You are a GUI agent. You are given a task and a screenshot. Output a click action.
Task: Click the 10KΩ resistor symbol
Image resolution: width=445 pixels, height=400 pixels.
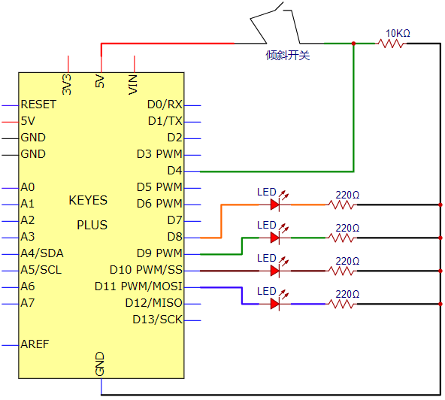(391, 44)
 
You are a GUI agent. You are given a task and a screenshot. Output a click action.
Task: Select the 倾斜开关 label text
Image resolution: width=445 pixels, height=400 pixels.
(287, 56)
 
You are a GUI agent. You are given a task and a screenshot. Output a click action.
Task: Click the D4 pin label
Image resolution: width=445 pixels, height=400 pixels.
(174, 171)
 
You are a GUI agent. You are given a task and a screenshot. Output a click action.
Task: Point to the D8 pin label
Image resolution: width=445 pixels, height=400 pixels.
(174, 237)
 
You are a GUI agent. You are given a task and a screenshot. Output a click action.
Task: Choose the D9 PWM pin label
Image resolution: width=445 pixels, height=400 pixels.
(159, 253)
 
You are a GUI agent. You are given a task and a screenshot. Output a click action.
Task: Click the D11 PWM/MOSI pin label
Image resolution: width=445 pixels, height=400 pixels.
(138, 286)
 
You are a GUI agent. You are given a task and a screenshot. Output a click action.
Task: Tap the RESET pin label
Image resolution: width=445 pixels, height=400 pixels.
(38, 105)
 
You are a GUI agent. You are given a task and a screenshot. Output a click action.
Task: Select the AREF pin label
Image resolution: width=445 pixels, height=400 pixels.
(35, 344)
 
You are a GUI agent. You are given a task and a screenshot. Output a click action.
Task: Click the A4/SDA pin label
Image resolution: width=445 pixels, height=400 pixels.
(42, 253)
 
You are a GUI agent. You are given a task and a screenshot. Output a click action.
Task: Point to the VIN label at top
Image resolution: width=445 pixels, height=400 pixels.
(133, 85)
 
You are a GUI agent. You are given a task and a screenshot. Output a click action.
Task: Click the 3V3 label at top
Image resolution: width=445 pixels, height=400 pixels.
(67, 85)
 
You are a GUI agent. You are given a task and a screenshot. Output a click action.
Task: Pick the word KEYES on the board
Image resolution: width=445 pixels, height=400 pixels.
(88, 201)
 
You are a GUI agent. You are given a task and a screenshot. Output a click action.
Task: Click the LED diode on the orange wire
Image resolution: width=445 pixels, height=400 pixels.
(274, 205)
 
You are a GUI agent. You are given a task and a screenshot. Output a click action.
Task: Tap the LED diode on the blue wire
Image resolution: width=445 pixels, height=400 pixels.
(274, 304)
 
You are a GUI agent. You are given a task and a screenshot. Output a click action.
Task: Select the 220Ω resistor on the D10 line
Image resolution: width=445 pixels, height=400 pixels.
(341, 271)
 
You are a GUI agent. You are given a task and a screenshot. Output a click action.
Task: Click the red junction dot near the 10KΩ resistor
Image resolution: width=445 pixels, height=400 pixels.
(353, 44)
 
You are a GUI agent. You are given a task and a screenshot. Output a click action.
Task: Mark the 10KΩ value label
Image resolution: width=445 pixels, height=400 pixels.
(398, 33)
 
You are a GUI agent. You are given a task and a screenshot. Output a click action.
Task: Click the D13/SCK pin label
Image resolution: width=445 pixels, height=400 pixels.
(157, 320)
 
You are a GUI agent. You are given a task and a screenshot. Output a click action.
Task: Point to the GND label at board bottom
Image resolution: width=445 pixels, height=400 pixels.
(100, 364)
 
